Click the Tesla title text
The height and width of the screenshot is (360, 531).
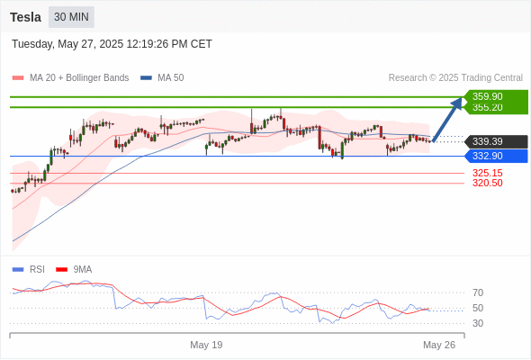pos(25,17)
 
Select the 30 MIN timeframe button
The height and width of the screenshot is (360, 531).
pos(71,17)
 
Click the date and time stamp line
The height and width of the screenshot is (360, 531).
pos(112,44)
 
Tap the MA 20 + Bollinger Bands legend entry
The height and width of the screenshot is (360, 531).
pos(70,78)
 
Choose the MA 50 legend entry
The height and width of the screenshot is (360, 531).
pos(162,78)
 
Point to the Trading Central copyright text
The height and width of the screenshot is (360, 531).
pos(455,78)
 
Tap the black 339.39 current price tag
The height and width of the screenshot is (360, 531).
pos(497,141)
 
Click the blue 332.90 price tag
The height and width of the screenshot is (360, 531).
pos(497,156)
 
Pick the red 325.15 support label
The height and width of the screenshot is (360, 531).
pos(488,173)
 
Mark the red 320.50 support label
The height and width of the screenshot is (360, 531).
pos(488,184)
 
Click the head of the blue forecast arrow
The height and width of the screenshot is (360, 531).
pos(462,98)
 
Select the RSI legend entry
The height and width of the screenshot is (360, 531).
pos(29,270)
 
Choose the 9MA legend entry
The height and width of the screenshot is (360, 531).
pos(74,270)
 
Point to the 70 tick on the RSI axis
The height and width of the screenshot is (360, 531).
pos(478,292)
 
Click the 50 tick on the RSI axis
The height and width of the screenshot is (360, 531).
pos(478,308)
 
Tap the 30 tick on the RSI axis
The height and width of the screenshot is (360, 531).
pos(478,323)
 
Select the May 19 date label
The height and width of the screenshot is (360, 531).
pos(206,345)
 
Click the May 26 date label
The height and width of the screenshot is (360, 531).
pos(439,345)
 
